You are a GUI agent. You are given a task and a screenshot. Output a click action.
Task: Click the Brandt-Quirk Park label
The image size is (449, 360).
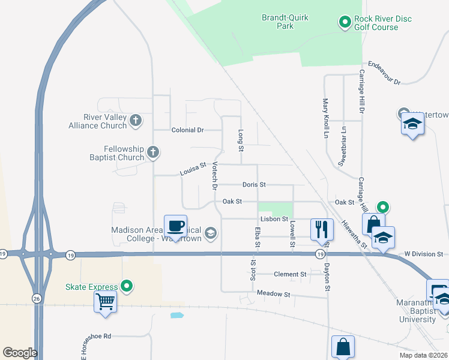pyautogui.click(x=285, y=22)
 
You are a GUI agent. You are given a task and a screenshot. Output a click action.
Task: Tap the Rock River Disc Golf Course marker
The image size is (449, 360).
pyautogui.click(x=345, y=23)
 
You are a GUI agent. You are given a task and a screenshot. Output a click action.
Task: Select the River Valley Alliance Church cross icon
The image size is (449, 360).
pyautogui.click(x=136, y=121)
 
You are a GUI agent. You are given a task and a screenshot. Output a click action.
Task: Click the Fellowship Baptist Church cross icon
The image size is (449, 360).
pyautogui.click(x=153, y=152)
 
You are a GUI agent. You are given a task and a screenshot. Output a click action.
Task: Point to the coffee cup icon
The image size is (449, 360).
pyautogui.click(x=175, y=226)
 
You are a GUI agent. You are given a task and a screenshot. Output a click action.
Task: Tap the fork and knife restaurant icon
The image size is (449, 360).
pyautogui.click(x=322, y=229)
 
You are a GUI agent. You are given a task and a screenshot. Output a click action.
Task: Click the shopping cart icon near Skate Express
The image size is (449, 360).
pyautogui.click(x=105, y=301)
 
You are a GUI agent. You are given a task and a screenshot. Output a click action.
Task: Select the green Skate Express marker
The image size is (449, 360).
pyautogui.click(x=126, y=286)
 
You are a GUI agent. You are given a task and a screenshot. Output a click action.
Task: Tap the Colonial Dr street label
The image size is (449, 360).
pyautogui.click(x=188, y=130)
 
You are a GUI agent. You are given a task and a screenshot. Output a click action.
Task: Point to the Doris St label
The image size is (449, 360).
pyautogui.click(x=254, y=185)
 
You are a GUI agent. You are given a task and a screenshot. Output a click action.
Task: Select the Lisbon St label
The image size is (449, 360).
pyautogui.click(x=274, y=220)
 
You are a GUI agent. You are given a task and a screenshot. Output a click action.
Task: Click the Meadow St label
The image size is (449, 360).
pyautogui.click(x=273, y=295)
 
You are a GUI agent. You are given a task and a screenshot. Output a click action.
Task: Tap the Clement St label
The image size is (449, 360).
pyautogui.click(x=290, y=274)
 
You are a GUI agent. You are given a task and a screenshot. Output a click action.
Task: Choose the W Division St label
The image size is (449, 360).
pyautogui.click(x=423, y=254)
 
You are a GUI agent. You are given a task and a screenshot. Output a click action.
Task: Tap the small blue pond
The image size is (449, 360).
pyautogui.click(x=176, y=315)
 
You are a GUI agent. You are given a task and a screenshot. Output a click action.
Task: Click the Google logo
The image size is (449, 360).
pyautogui.click(x=20, y=353)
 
